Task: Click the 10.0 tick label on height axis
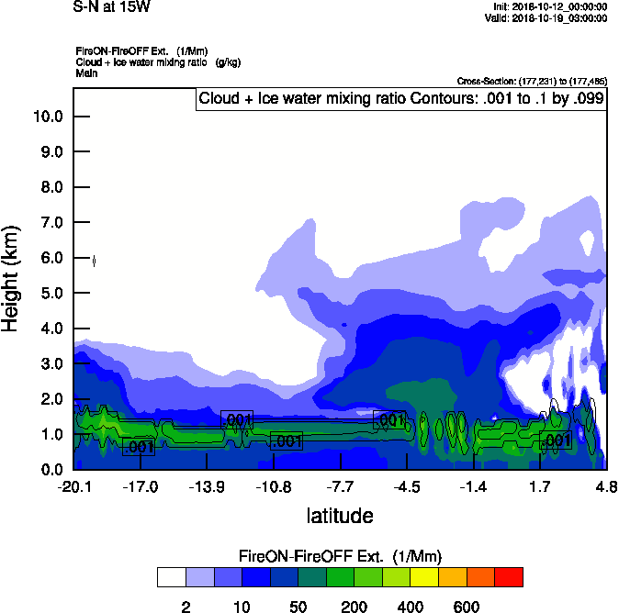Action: click(x=47, y=117)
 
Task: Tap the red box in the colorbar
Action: click(x=509, y=577)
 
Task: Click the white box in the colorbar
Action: click(x=172, y=577)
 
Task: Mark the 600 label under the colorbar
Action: click(x=467, y=607)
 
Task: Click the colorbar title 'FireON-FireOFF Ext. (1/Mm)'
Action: click(x=340, y=556)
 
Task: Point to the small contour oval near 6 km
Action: click(x=95, y=262)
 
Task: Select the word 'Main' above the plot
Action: click(x=87, y=72)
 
